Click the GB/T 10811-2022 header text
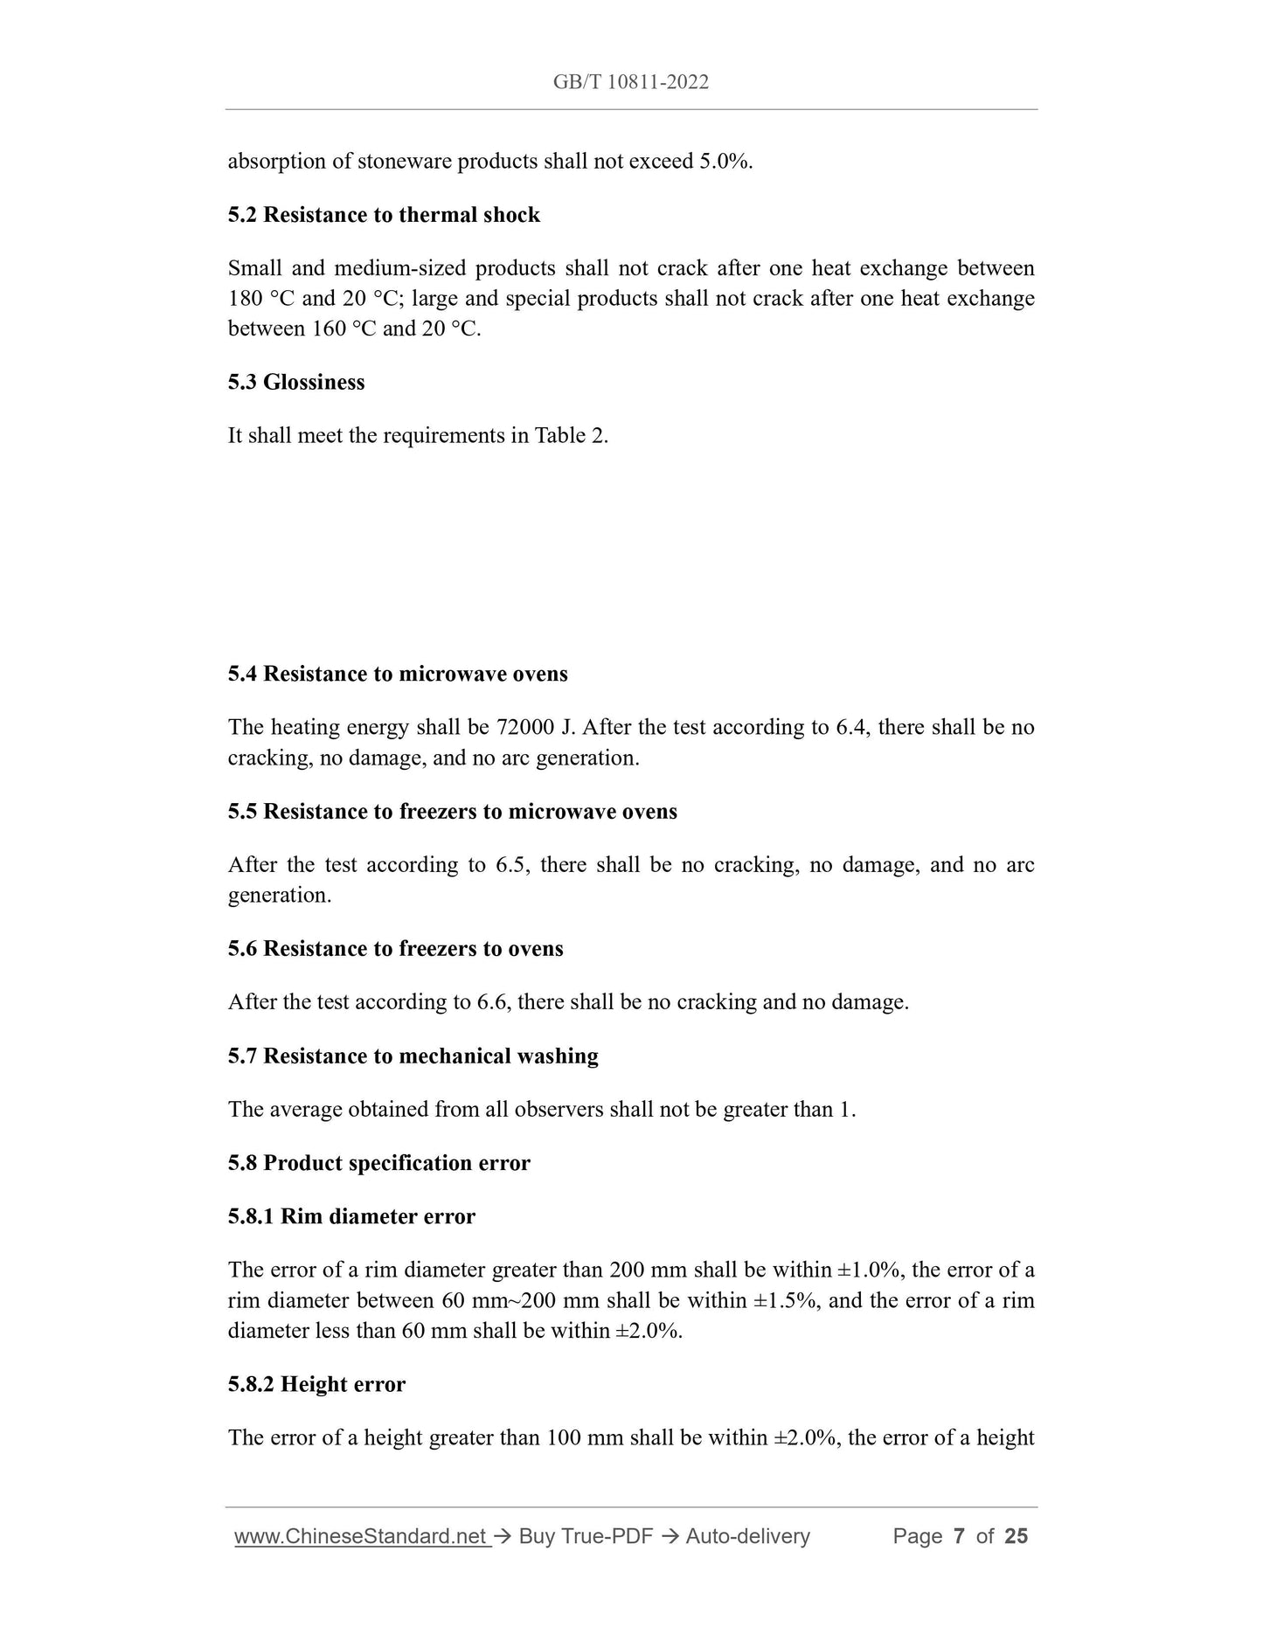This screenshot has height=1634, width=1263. point(630,82)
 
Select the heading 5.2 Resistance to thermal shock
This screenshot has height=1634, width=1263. point(384,215)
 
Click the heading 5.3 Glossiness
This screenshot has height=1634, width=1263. point(296,382)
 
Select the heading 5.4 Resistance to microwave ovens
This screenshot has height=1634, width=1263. point(398,674)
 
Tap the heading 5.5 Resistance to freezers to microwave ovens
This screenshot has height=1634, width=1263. point(452,812)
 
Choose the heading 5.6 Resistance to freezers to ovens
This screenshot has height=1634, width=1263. point(395,949)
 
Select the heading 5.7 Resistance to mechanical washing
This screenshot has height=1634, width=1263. point(413,1056)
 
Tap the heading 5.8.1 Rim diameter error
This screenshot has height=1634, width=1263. point(351,1216)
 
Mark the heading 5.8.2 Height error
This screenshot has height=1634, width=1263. point(316,1384)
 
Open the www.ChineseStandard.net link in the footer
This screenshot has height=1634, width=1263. point(360,1536)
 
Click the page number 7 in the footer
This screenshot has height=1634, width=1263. point(959,1536)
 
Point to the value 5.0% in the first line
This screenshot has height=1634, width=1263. point(725,162)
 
